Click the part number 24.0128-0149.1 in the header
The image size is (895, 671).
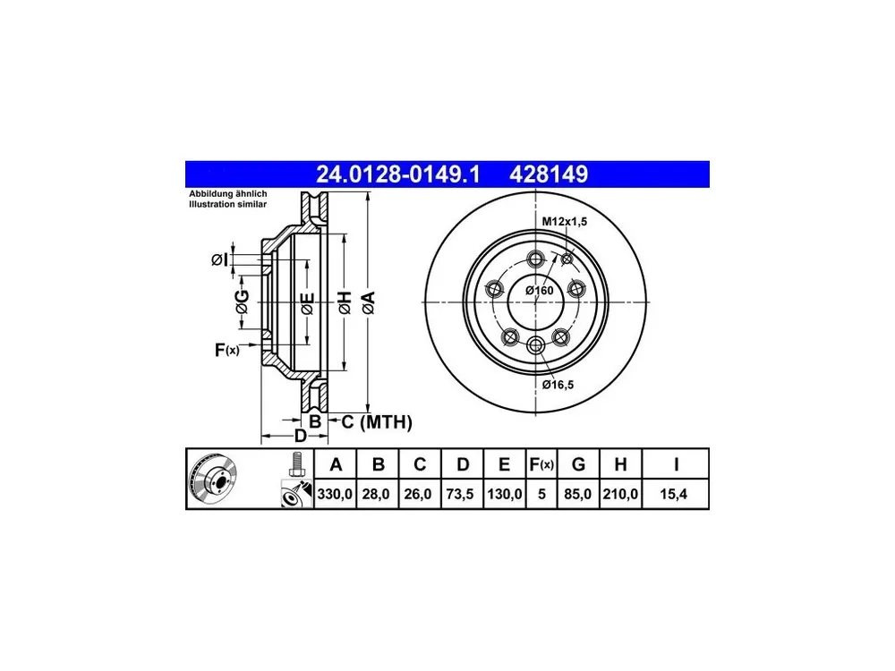398,174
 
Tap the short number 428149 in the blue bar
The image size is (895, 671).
549,174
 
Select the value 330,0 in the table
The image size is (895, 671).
335,494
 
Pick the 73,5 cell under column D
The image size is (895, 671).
460,494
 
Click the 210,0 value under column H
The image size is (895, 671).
620,494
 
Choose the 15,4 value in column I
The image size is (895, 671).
674,494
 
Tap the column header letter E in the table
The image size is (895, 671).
504,463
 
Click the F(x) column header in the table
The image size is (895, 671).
541,464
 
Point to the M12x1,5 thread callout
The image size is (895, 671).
565,221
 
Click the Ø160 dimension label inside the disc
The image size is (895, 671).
540,291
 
